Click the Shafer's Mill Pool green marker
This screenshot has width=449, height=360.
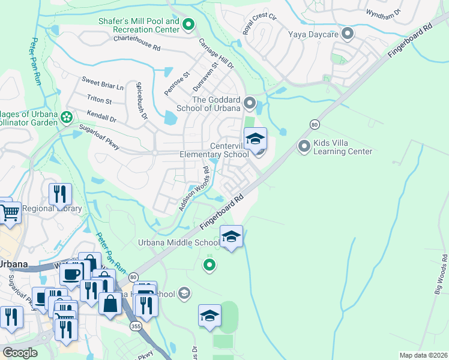click(188, 25)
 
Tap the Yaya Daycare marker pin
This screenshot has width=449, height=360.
click(347, 33)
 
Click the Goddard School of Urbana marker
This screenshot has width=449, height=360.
click(250, 103)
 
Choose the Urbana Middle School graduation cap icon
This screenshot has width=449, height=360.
click(232, 237)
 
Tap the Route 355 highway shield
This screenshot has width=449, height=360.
click(136, 325)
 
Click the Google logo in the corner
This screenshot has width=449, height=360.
click(21, 352)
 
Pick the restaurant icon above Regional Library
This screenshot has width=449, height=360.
click(60, 194)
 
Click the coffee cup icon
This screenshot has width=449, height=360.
click(72, 274)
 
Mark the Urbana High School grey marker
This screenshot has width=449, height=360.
click(185, 293)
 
